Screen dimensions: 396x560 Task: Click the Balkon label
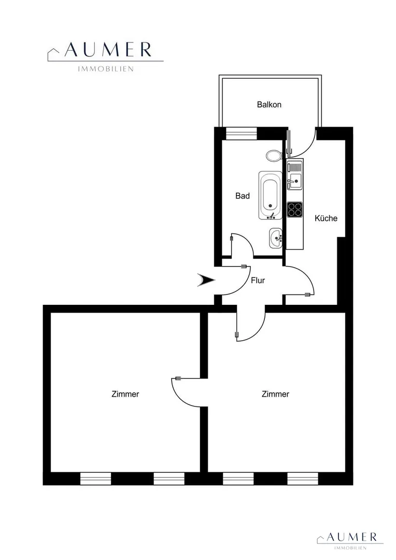[x=269, y=105]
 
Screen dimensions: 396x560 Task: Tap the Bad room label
[x=243, y=195]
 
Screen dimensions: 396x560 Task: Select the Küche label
[x=326, y=218]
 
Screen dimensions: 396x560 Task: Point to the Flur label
[x=258, y=281]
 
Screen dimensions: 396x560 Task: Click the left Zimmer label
[x=125, y=394]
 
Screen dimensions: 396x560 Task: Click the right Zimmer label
[x=275, y=394]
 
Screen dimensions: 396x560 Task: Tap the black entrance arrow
[x=206, y=280]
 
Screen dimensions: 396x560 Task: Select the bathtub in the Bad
[x=271, y=195]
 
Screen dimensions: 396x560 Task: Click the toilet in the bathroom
[x=274, y=156]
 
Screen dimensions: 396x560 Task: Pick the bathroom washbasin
[x=276, y=238]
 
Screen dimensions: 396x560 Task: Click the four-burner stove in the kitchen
[x=295, y=209]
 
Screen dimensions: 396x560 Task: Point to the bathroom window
[x=242, y=133]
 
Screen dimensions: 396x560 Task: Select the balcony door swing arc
[x=307, y=149]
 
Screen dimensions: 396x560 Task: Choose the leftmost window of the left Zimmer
[x=95, y=479]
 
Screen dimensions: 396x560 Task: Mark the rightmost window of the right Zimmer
[x=303, y=479]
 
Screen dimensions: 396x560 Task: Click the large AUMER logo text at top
[x=108, y=50]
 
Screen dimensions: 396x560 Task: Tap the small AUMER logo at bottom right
[x=352, y=537]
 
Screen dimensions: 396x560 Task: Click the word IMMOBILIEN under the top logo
[x=106, y=69]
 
